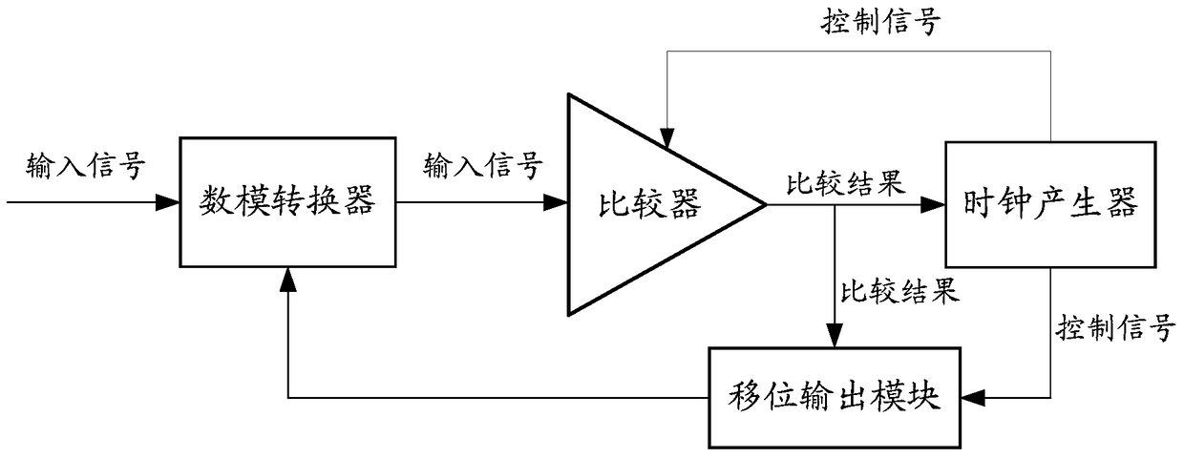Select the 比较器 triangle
click(649, 204)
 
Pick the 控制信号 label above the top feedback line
click(881, 23)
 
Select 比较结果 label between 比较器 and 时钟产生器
click(845, 183)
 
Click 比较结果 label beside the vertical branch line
click(899, 290)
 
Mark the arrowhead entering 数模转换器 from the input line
click(169, 203)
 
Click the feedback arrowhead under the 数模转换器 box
click(287, 277)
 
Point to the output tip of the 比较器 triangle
click(764, 204)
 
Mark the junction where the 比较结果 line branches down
click(835, 204)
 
